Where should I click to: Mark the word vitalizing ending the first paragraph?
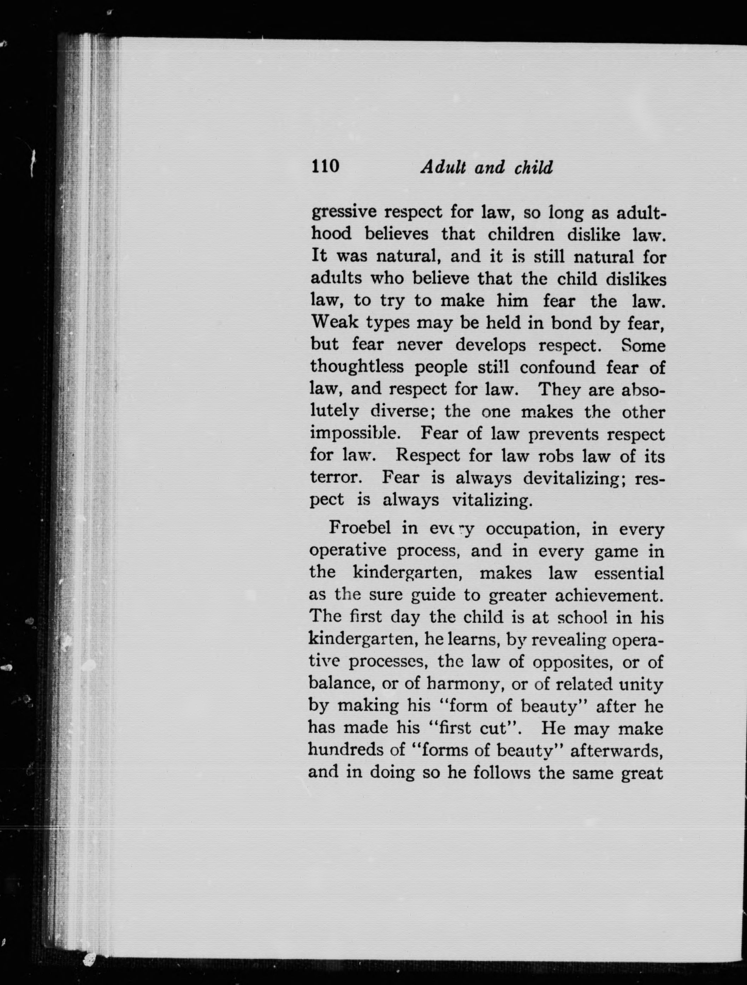tap(492, 500)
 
